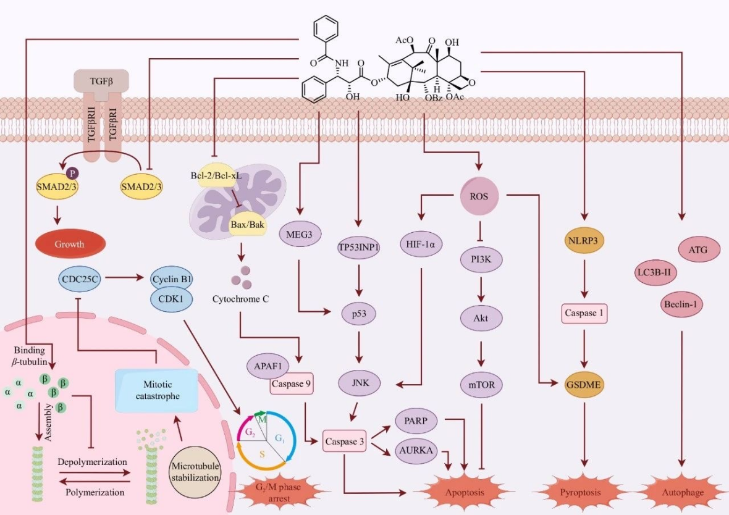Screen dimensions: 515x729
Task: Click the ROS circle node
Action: (479, 196)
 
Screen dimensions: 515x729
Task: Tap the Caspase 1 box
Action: (584, 313)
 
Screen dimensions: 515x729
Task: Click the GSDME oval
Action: (584, 384)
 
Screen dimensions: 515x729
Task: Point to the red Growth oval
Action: (69, 243)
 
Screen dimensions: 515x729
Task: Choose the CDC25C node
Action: (81, 278)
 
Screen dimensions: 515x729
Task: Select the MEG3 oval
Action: (298, 234)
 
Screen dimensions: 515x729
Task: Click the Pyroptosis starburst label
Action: (579, 492)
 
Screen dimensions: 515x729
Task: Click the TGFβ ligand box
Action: (101, 78)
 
